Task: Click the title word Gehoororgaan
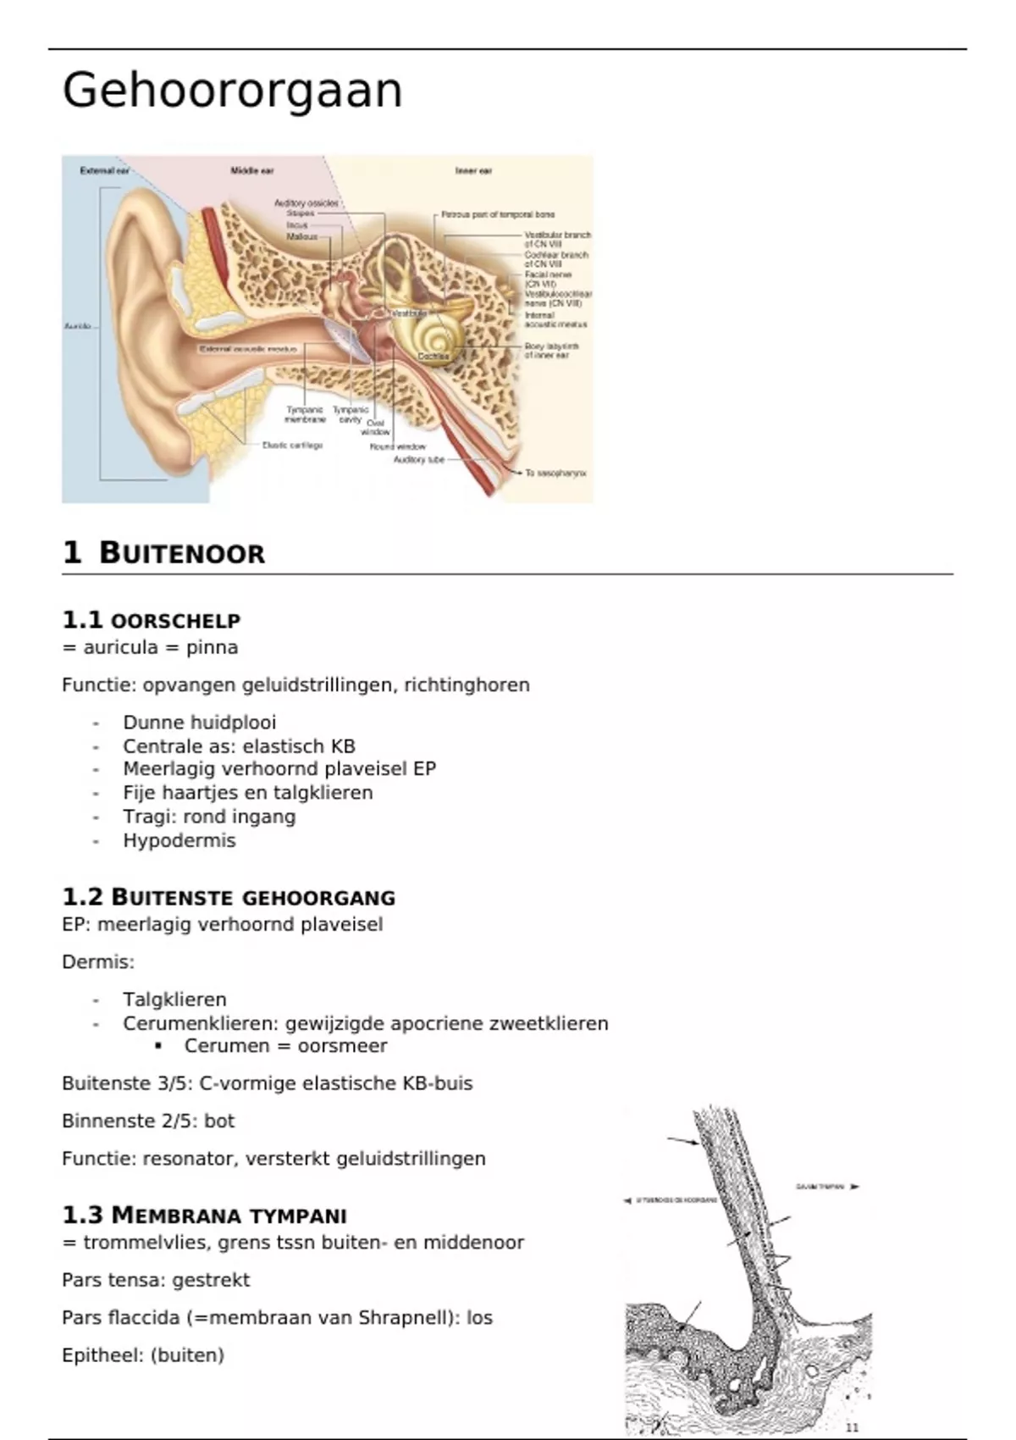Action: click(x=232, y=91)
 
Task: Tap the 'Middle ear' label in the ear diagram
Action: click(x=252, y=171)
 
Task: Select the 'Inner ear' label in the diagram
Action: click(x=473, y=171)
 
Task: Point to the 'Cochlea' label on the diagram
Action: click(x=433, y=357)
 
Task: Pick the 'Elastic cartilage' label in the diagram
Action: click(x=292, y=445)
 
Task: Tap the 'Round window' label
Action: click(x=397, y=446)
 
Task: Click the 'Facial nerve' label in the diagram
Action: click(x=548, y=275)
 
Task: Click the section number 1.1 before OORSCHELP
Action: click(x=82, y=620)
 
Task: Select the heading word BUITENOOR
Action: click(x=181, y=553)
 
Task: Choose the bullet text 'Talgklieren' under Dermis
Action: click(x=174, y=1000)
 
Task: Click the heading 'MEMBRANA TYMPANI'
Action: click(x=229, y=1216)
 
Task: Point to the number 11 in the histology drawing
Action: click(x=852, y=1427)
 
